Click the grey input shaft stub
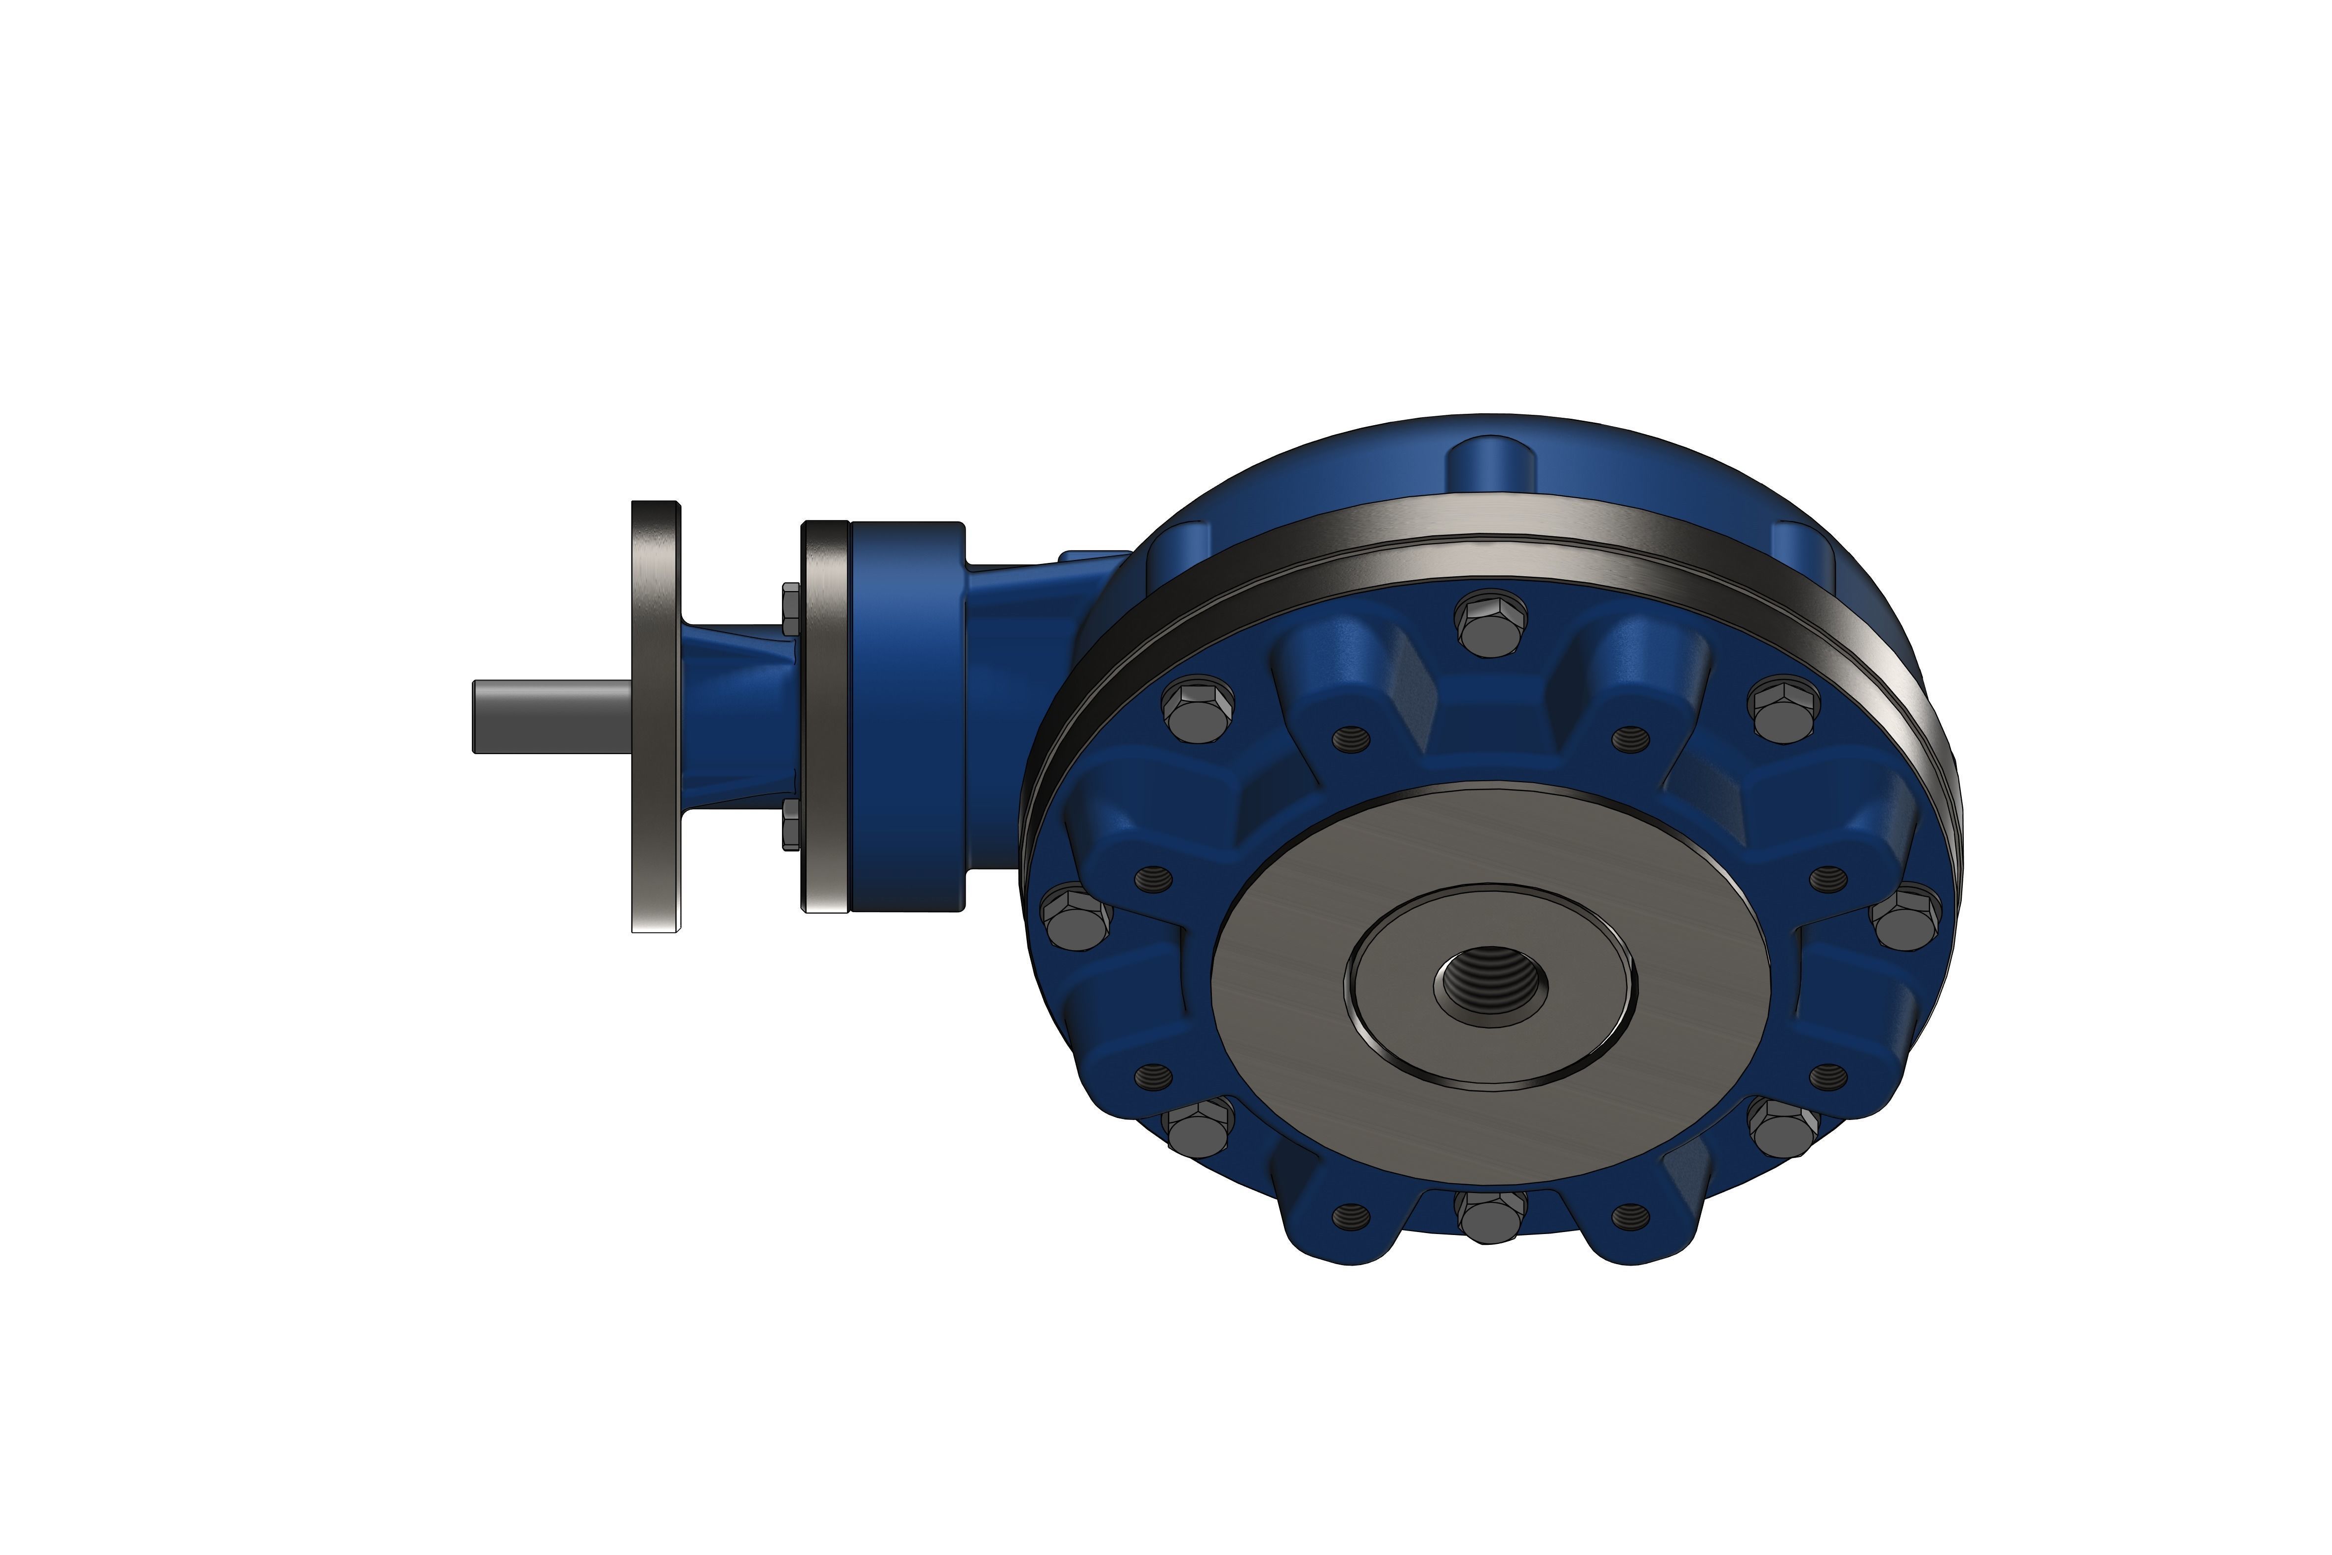(550, 716)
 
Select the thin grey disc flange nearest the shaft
(656, 716)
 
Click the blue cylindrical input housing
(907, 716)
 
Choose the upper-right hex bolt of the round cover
(1785, 708)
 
